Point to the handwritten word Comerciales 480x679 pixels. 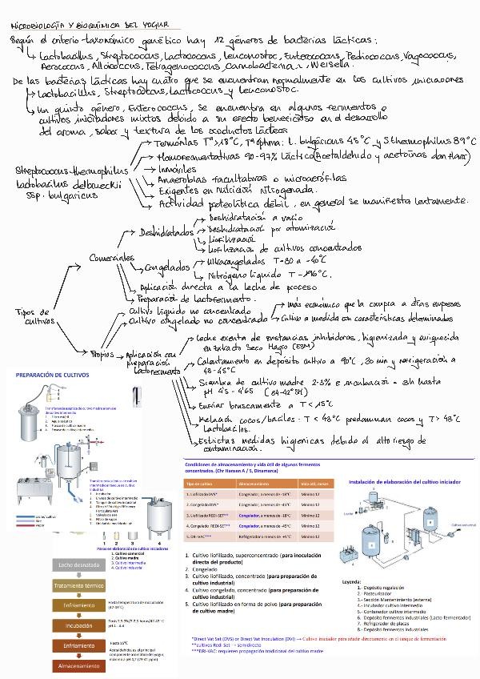[112, 259]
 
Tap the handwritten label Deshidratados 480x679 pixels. [166, 232]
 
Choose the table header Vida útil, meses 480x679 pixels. [314, 484]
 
